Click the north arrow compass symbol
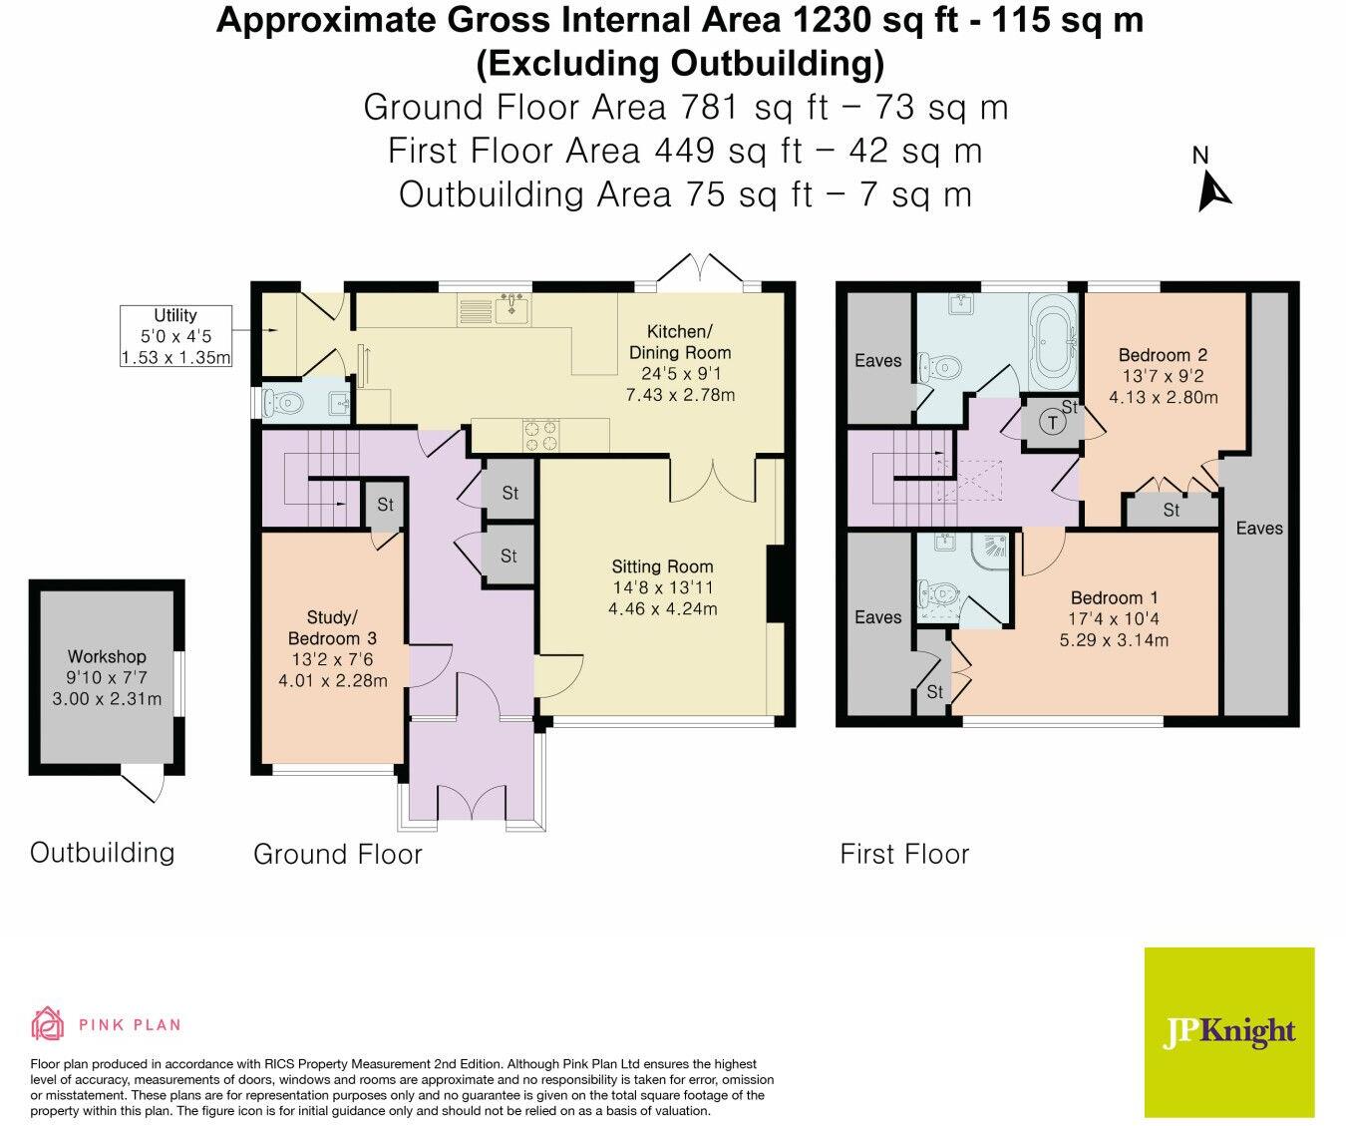(1213, 189)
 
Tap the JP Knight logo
(1229, 1031)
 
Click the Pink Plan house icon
(47, 1024)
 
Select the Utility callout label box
(175, 336)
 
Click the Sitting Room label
(663, 587)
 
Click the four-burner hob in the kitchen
(541, 435)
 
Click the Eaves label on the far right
(1259, 528)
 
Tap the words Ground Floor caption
(337, 854)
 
